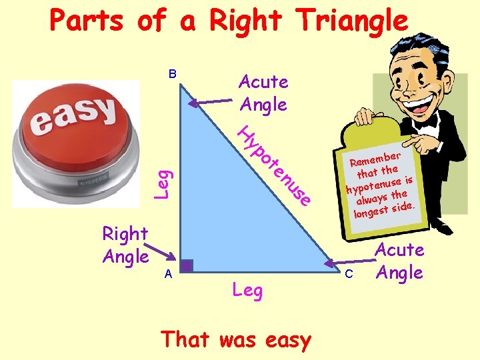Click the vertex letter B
coord(171,74)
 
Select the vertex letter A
coord(169,273)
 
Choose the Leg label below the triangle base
coord(247,290)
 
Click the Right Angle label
coord(125,245)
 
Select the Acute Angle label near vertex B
coord(263,93)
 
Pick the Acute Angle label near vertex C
coord(400,261)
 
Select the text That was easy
coord(236,339)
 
